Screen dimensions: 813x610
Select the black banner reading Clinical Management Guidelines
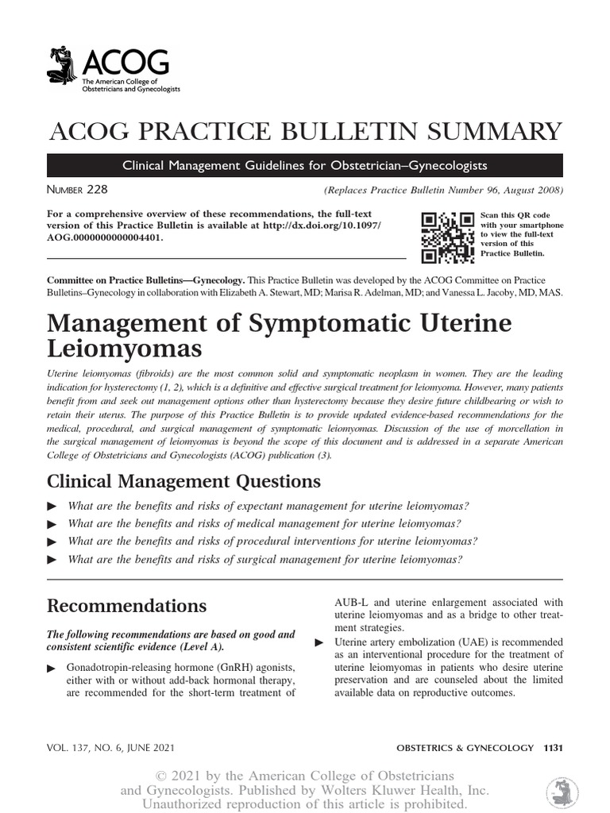[305, 165]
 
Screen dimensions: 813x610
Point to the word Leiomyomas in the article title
[125, 349]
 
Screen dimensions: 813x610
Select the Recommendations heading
[127, 606]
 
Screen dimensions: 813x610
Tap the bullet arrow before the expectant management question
[53, 507]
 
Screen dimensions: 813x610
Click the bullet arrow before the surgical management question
[53, 560]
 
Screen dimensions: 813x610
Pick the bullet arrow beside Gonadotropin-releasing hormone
[53, 669]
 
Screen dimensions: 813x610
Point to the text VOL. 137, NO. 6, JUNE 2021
[112, 747]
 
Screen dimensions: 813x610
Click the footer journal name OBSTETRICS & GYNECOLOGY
[465, 747]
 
